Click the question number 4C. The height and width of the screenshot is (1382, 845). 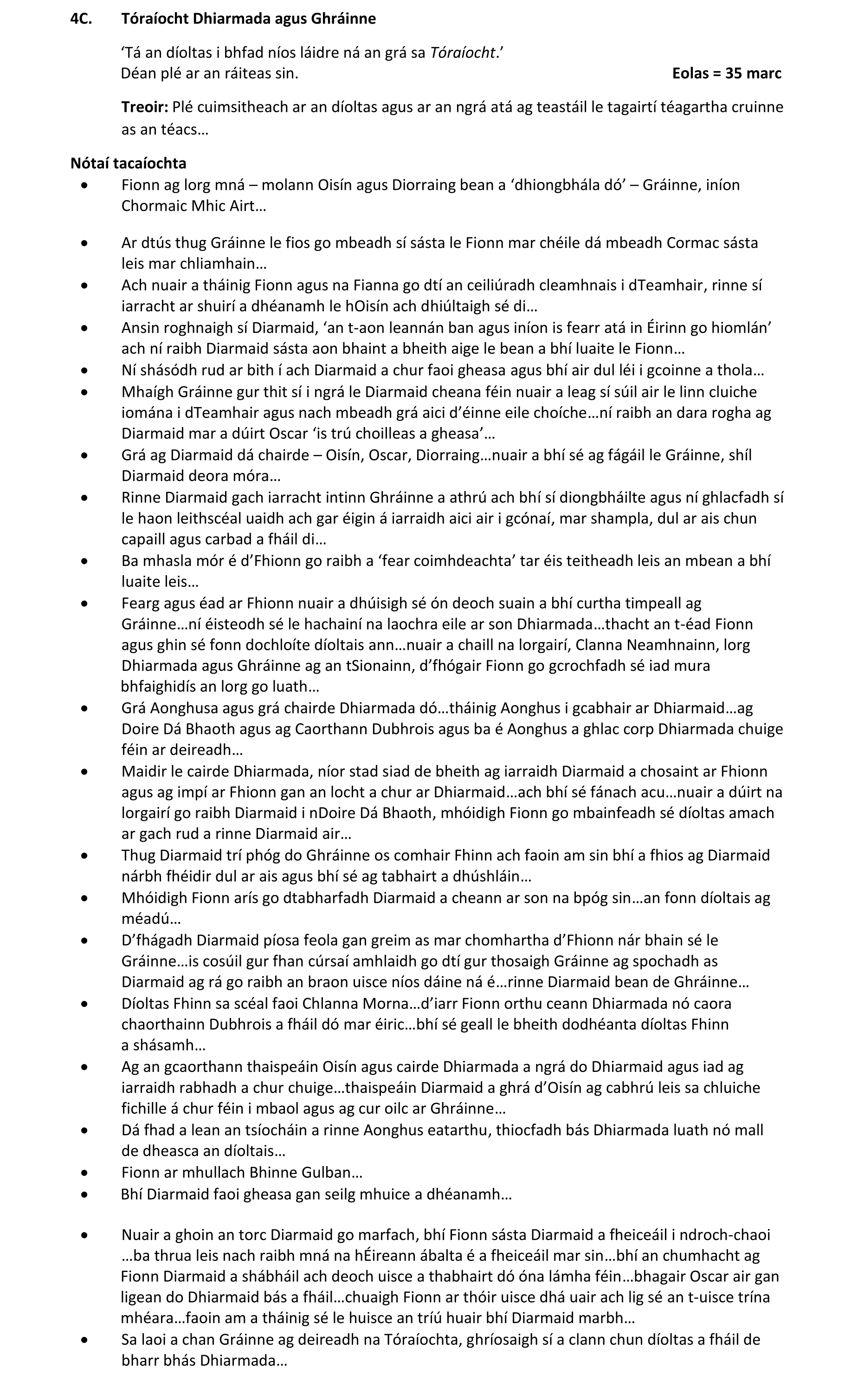point(81,19)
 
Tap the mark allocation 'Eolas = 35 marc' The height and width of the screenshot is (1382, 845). point(726,73)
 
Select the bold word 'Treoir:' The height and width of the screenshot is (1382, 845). point(145,107)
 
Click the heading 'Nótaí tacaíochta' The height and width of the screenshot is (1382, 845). point(129,163)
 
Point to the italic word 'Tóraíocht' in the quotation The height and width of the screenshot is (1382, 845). point(463,53)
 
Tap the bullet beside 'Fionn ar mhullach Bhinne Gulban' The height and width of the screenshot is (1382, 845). point(84,1173)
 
